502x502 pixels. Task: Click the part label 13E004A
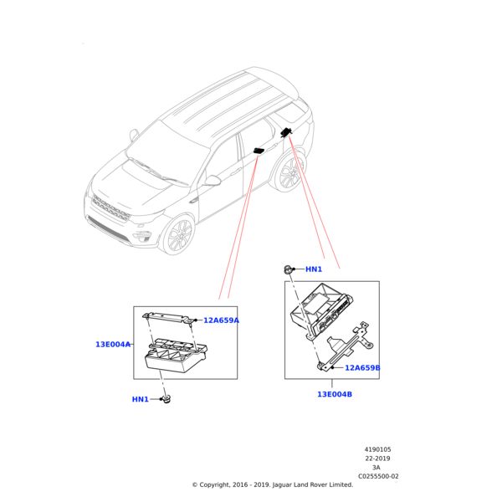tap(113, 344)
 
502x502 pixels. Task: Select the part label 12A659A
tap(221, 320)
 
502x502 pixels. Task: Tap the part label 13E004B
tap(335, 394)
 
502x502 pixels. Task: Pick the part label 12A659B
tap(362, 367)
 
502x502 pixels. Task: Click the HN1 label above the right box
tap(314, 269)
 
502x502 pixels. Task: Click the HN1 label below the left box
tap(140, 399)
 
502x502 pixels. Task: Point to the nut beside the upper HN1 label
tap(288, 269)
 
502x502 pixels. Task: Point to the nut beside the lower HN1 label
tap(166, 400)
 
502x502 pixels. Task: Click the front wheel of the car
tap(179, 235)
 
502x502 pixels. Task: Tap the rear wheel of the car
tap(289, 172)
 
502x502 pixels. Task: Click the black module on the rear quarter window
tap(286, 131)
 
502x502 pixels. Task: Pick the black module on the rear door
tap(258, 151)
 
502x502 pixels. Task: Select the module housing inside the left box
tap(175, 355)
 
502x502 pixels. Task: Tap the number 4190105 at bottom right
tap(377, 449)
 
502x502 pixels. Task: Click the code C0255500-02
tap(378, 476)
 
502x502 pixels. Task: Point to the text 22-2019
tap(377, 458)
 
